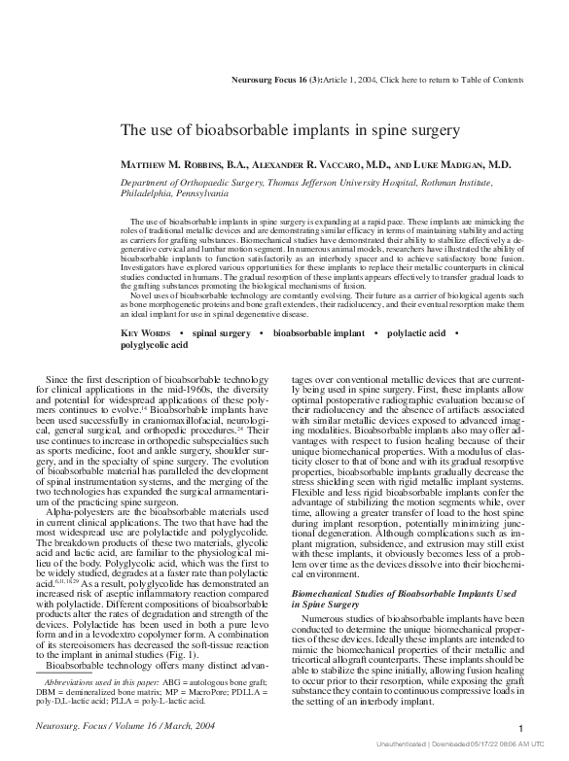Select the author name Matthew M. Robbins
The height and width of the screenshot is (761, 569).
[x=173, y=166]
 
